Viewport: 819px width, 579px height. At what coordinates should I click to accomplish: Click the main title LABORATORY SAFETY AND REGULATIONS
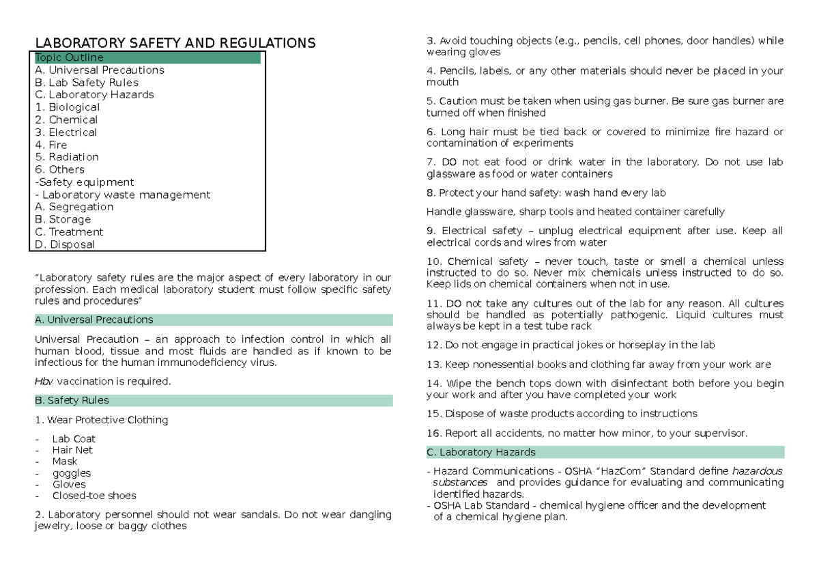pos(175,44)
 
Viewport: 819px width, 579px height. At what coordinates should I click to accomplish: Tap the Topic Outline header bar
pos(147,58)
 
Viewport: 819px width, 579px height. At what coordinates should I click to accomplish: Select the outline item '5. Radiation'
pos(67,157)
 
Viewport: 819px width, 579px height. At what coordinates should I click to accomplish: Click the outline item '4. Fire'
pos(51,145)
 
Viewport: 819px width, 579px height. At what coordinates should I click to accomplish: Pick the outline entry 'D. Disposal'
pos(65,244)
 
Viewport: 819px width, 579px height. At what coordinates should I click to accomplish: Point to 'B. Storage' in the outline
pos(63,219)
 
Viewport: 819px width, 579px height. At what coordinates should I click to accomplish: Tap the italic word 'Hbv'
pos(43,381)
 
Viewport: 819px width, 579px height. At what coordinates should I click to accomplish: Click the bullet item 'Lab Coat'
pos(74,438)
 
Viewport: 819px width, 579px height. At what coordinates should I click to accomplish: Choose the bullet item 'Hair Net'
pos(72,450)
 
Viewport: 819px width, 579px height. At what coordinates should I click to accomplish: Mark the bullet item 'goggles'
pos(71,473)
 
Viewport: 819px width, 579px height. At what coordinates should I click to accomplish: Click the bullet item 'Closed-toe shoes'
pos(94,496)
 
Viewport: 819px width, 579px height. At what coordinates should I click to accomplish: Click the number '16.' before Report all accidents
pos(434,433)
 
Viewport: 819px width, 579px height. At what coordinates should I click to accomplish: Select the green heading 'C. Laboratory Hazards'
pos(480,452)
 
